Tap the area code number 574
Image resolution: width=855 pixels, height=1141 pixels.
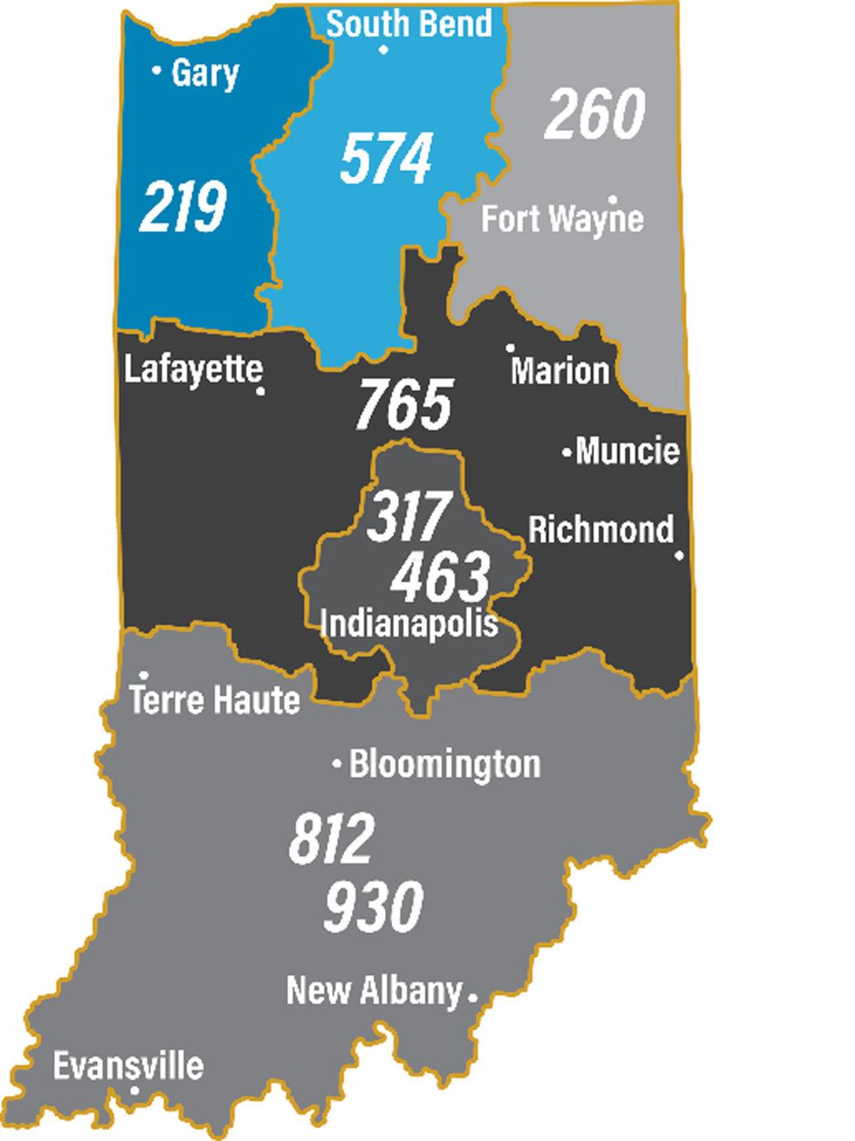coord(387,159)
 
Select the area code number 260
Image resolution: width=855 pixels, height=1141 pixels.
coord(594,114)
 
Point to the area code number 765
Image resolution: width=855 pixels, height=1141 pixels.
coord(405,404)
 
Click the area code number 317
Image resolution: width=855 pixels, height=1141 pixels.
coord(409,516)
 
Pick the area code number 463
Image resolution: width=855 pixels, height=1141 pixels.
coord(440,576)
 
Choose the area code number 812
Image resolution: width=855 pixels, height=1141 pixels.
coord(332,839)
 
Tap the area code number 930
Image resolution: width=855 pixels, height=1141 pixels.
coord(373,905)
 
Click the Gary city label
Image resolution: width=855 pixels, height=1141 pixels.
coord(204,73)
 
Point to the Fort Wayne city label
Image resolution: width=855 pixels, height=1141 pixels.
coord(562,220)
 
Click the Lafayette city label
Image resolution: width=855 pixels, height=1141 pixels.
coord(193,369)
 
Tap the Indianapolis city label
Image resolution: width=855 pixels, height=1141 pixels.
coord(409,622)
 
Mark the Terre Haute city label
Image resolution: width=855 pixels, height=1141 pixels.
coord(215,701)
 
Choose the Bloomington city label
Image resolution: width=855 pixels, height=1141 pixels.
coord(444,765)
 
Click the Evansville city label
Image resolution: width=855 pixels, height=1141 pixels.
coord(128,1065)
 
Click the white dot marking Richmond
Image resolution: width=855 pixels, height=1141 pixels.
coord(679,556)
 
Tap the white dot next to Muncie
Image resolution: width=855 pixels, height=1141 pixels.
coord(568,452)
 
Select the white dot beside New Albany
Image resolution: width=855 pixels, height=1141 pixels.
coord(473,997)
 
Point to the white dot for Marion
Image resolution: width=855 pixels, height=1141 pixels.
coord(511,348)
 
